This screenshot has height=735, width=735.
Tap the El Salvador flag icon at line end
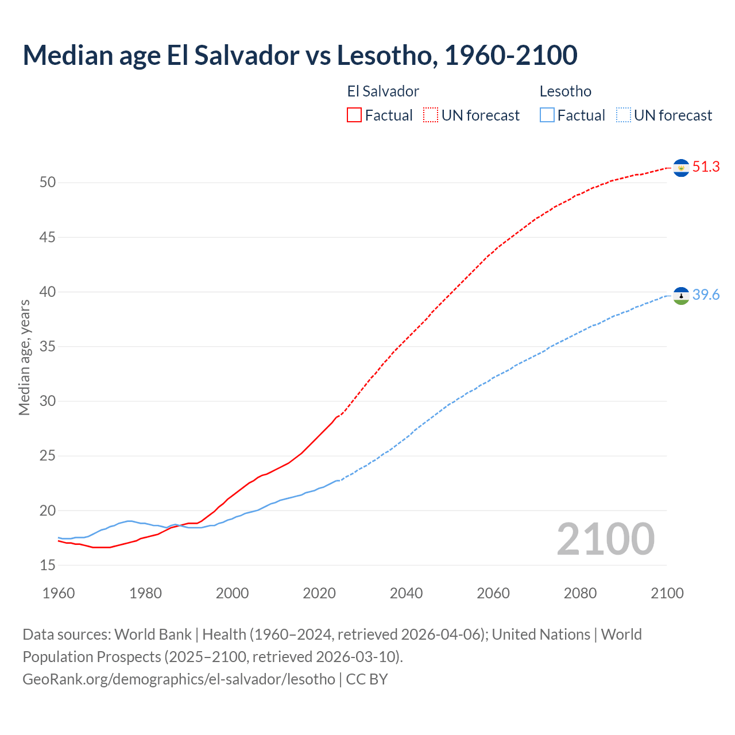[x=681, y=168]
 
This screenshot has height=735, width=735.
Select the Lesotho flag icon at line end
[x=681, y=296]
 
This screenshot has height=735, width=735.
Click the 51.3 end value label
[x=706, y=167]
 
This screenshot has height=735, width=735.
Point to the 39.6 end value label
[x=706, y=295]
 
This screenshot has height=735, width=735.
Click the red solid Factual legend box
[x=354, y=115]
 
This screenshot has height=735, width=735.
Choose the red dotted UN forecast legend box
[x=431, y=115]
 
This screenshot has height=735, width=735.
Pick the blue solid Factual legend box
[x=547, y=115]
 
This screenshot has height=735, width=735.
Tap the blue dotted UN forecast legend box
[x=623, y=115]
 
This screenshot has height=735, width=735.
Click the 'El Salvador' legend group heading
[x=383, y=91]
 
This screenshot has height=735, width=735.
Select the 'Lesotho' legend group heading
[x=565, y=91]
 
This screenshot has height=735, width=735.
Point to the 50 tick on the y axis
[x=48, y=183]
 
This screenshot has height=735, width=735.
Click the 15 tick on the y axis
[x=48, y=566]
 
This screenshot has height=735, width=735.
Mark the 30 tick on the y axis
[x=48, y=401]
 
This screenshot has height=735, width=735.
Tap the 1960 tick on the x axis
[x=59, y=593]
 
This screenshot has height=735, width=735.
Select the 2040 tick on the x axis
[x=406, y=593]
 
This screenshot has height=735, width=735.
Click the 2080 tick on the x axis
[x=580, y=593]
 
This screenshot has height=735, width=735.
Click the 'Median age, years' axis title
[x=24, y=357]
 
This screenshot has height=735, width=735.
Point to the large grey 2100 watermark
[x=605, y=539]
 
